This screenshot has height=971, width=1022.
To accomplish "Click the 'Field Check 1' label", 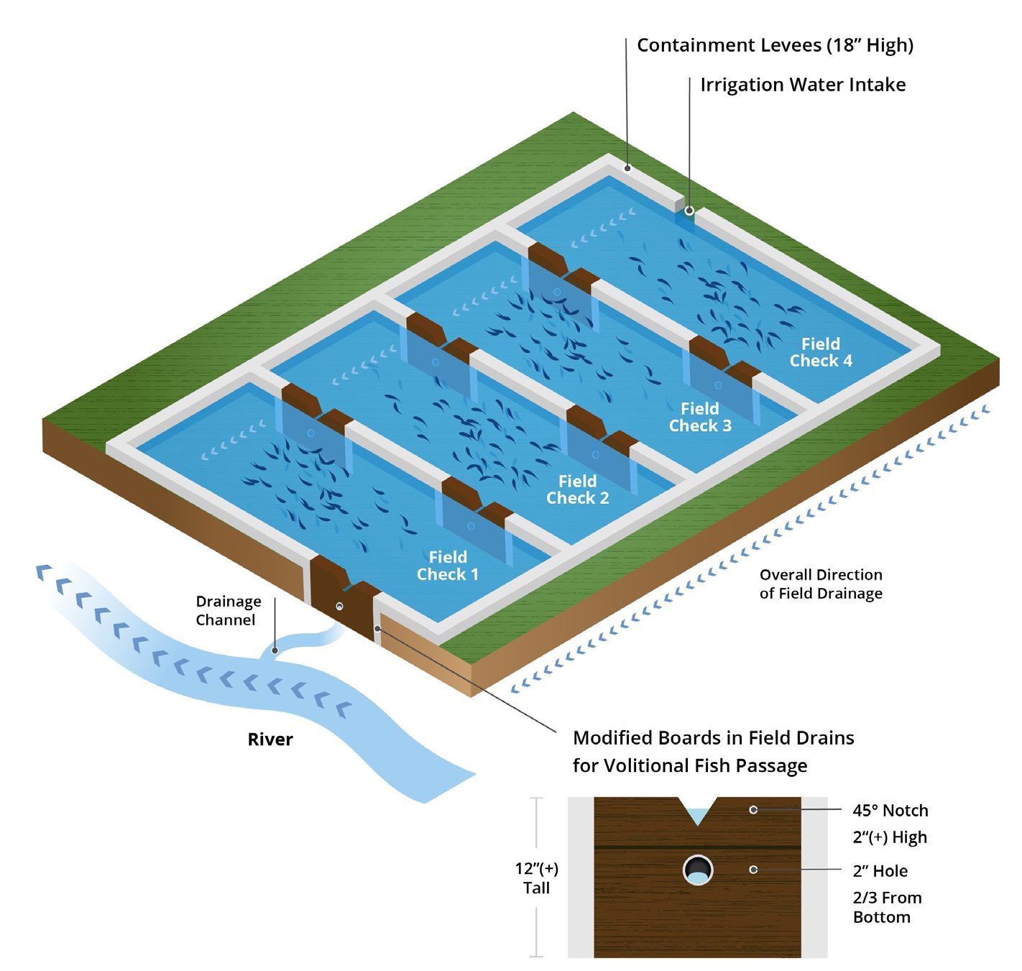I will tap(447, 566).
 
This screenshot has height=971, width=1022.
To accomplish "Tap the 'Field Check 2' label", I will tap(577, 489).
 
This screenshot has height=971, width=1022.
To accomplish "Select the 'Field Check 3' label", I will tap(700, 417).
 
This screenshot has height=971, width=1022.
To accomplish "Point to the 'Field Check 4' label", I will tap(821, 352).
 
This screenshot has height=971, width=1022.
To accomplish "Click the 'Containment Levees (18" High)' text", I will tap(775, 45).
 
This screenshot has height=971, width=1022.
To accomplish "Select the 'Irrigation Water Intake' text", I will tap(803, 85).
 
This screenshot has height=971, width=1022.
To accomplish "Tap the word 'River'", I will tap(270, 740).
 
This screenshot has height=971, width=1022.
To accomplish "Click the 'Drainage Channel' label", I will tap(229, 610).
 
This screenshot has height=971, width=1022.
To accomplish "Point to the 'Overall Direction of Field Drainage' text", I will tap(821, 584).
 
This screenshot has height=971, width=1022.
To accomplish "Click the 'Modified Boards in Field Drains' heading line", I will tap(713, 738).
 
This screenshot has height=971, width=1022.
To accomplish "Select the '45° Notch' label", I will tap(890, 811).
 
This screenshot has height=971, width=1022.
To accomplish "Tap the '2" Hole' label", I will tap(880, 871).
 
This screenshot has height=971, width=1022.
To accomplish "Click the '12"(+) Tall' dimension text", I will tap(536, 878).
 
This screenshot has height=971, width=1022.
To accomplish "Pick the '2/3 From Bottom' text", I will tap(887, 907).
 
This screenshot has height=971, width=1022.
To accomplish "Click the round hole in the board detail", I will tap(698, 870).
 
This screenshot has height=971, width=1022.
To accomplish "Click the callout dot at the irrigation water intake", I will tap(689, 211).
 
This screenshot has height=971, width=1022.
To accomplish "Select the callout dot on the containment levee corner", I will tap(627, 169).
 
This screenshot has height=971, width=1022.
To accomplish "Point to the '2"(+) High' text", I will tap(890, 837).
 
